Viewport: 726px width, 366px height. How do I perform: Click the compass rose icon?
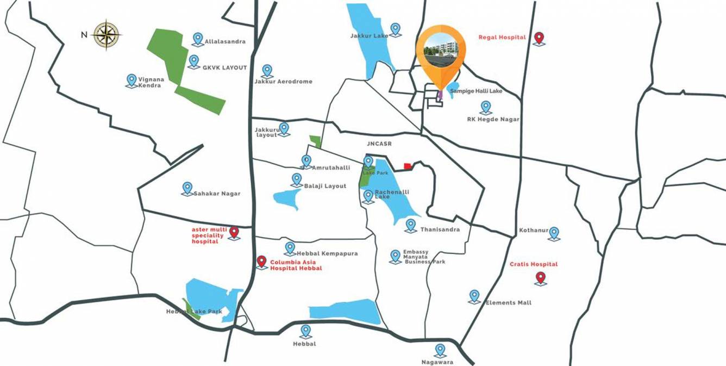[x=107, y=34]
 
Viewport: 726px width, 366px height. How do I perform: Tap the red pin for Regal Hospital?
[x=539, y=38]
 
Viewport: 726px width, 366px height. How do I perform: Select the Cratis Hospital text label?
[x=533, y=264]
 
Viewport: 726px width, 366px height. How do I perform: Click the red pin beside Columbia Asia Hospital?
[x=262, y=262]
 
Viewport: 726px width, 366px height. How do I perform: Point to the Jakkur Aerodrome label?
[x=283, y=82]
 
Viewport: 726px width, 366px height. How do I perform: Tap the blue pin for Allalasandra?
[x=198, y=39]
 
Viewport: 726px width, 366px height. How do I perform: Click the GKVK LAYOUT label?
[x=224, y=68]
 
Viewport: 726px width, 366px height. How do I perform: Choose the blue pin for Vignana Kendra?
[x=132, y=80]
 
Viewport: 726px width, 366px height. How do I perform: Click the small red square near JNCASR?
[x=408, y=166]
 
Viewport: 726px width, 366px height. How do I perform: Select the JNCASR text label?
[x=379, y=144]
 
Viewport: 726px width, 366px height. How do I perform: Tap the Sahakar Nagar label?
[x=217, y=194]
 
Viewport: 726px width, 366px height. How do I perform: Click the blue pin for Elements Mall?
[x=474, y=296]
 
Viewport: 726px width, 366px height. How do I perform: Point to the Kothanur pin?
[x=554, y=233]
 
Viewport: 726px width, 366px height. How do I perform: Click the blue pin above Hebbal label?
[x=306, y=331]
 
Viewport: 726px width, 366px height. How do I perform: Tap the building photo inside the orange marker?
[x=441, y=48]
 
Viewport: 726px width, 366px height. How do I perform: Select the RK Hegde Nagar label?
[x=493, y=120]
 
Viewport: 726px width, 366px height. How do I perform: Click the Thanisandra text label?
[x=440, y=229]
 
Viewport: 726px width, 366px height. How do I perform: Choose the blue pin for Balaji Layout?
[x=297, y=179]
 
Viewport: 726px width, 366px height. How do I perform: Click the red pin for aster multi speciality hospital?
[x=234, y=233]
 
